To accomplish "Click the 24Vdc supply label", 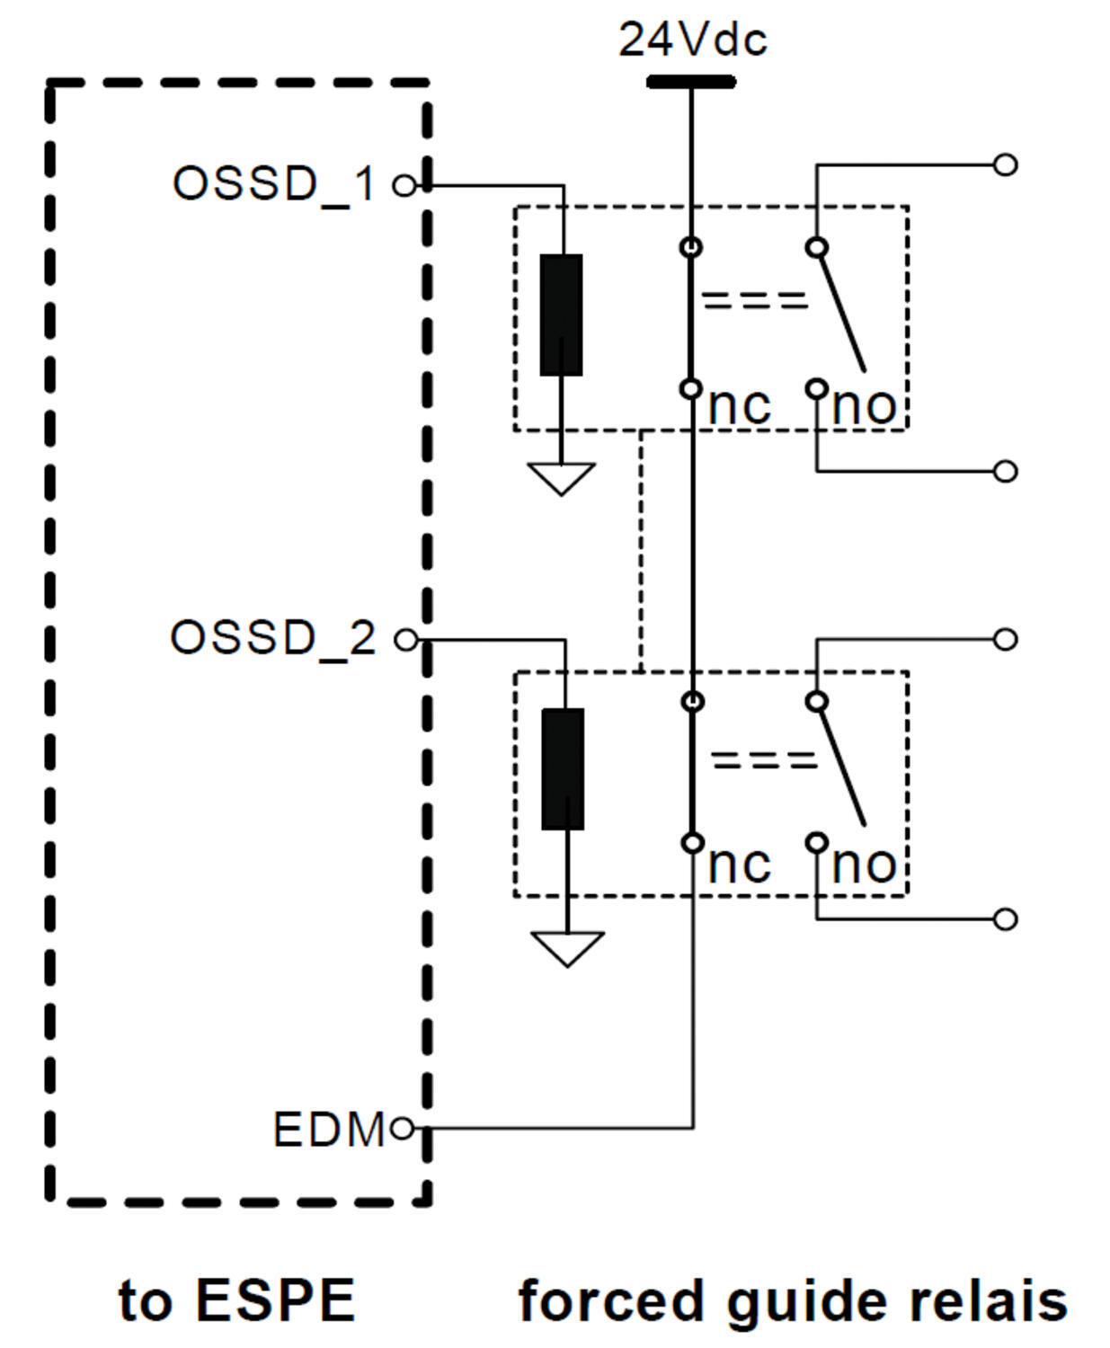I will point(692,40).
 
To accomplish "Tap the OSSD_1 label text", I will point(273,184).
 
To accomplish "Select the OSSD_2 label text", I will point(272,638).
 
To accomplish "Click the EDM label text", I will point(329,1130).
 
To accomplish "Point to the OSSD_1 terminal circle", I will point(405,186).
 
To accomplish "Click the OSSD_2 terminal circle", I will point(406,640).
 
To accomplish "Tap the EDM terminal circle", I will point(403,1128).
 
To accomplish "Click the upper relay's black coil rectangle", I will point(561,315).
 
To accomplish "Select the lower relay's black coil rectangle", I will point(563,768).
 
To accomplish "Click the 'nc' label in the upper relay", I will point(739,406).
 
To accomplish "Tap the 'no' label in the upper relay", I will point(864,406).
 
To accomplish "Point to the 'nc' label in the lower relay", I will point(739,865).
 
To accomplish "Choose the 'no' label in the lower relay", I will point(864,865).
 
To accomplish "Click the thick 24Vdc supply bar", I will point(691,83).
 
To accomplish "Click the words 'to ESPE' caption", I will point(237,1299).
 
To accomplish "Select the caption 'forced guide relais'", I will point(793,1301).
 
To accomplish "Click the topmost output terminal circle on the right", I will point(1006,164).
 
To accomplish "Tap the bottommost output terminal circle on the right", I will point(1006,919).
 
